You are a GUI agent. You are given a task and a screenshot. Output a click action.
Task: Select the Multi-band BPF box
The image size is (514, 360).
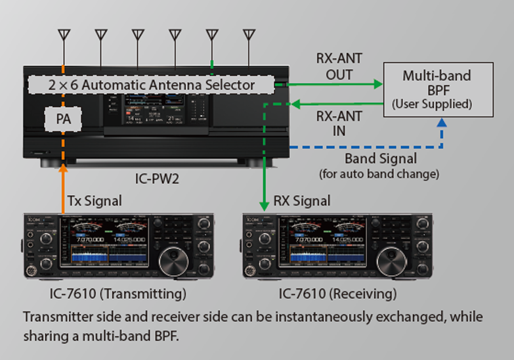coord(437,89)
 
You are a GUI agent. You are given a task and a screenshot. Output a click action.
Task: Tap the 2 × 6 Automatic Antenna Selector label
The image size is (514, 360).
coord(151,85)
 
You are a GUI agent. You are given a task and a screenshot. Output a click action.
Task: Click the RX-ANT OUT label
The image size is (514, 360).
coord(339,66)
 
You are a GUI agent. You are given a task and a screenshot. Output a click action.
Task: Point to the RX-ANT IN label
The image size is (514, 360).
coord(339,124)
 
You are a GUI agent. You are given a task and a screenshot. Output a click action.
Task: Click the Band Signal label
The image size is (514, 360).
coord(380,159)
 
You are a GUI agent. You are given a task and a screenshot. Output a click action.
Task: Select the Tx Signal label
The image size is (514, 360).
coord(95,200)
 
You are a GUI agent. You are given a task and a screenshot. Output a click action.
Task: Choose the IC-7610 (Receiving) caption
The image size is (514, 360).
coord(337,293)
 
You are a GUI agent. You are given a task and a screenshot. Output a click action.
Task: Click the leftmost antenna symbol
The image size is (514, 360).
coord(64,34)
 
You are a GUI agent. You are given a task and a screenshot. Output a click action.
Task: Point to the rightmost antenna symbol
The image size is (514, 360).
coord(248,34)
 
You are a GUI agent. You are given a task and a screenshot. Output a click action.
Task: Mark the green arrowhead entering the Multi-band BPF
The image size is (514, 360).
coord(377,84)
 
